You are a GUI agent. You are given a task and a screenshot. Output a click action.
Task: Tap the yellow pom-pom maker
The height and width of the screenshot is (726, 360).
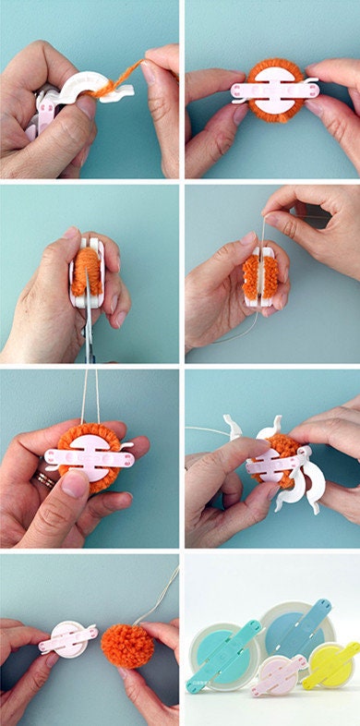pyautogui.click(x=330, y=663)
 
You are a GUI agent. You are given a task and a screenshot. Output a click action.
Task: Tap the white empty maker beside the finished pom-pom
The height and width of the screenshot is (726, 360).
pyautogui.click(x=66, y=638)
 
